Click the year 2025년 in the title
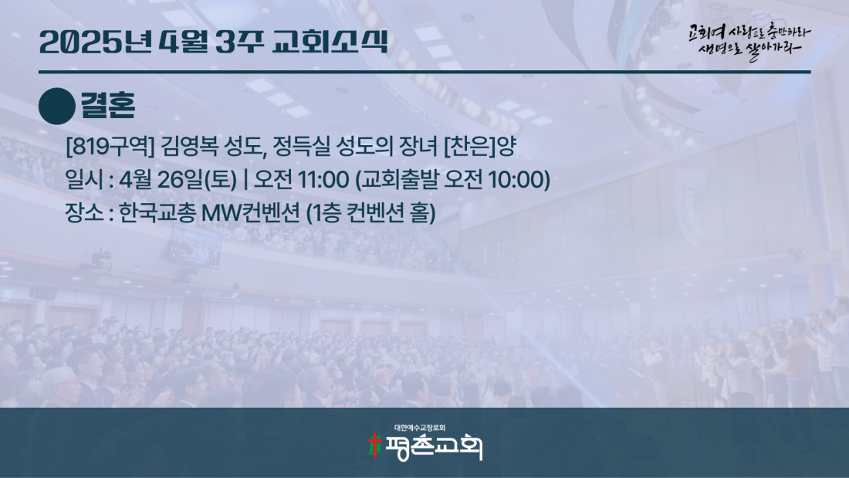tap(96, 42)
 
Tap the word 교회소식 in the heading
tap(330, 42)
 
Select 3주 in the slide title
tap(239, 42)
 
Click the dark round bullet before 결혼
tap(57, 106)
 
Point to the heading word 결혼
tap(108, 105)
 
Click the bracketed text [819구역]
tap(110, 146)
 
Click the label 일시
tap(84, 179)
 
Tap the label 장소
tap(84, 212)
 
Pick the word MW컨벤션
tap(250, 212)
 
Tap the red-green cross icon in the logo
tap(374, 445)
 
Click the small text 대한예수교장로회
tap(420, 428)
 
